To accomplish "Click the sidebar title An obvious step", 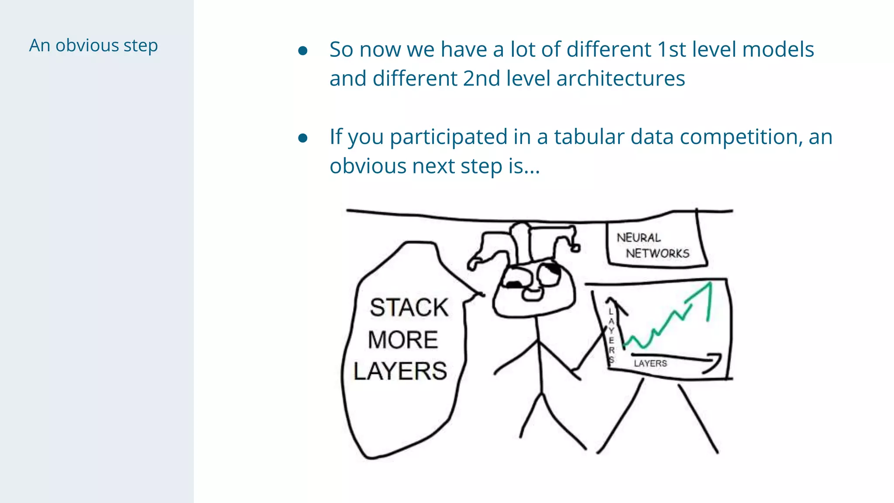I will [x=93, y=45].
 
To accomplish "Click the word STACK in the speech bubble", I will [x=409, y=307].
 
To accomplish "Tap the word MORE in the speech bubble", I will [x=403, y=340].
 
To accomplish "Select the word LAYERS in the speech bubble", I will [x=400, y=371].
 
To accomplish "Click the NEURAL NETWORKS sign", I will [x=653, y=245].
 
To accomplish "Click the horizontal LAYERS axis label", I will [x=650, y=363].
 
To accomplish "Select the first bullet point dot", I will [x=303, y=51].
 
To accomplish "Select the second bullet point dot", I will [x=303, y=138].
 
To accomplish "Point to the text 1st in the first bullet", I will [x=671, y=49].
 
